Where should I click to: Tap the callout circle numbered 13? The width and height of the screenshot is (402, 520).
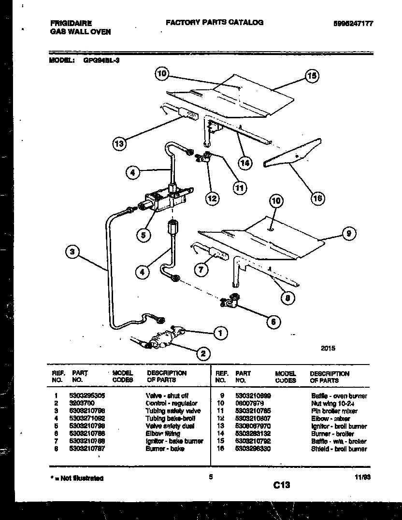point(119,143)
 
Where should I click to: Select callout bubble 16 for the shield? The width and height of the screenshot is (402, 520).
point(317,197)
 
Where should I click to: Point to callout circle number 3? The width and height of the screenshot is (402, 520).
point(72,252)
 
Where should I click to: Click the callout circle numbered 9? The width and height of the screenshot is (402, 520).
point(348,234)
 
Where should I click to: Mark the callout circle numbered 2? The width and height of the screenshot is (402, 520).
point(203,354)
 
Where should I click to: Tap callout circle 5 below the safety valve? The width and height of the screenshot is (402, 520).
point(143,235)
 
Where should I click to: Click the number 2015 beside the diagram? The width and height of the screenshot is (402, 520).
point(327,348)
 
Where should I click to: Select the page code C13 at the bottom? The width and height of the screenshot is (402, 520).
point(281,485)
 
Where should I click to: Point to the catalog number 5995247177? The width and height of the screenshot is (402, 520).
point(353,23)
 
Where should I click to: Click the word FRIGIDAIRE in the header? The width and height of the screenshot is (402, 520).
point(71,23)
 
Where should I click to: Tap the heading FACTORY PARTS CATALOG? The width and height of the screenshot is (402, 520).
point(215,22)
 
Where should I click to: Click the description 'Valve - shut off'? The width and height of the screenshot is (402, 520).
point(167,395)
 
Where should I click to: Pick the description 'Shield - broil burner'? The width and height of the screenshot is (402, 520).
point(339,449)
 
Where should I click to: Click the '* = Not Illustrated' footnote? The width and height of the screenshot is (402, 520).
point(77,478)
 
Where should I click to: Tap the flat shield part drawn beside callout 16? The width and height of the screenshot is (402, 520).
point(293,154)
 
